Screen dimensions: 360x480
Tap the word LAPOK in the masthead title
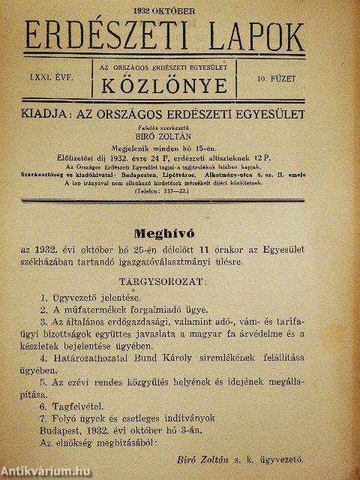251,35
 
